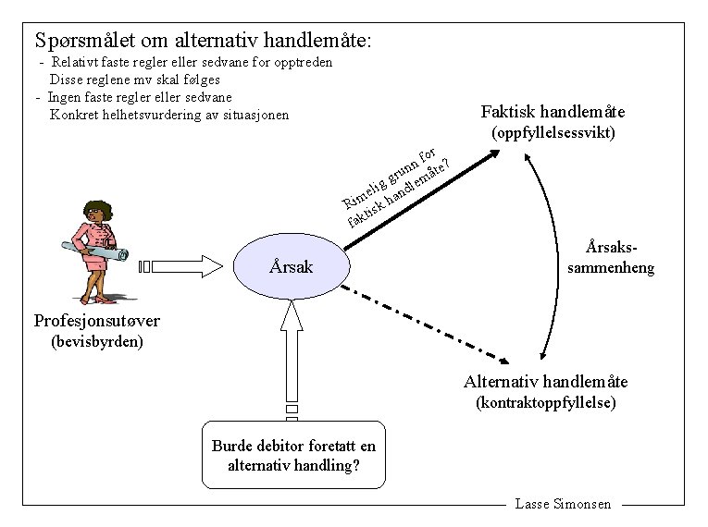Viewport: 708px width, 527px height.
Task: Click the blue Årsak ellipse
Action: pos(292,266)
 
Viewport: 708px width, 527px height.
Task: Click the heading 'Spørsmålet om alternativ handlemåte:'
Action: pos(203,41)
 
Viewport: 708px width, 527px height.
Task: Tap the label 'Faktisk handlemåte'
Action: pos(553,112)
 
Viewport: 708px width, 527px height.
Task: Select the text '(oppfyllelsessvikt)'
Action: pos(553,133)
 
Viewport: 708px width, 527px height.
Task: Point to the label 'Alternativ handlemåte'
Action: pos(546,381)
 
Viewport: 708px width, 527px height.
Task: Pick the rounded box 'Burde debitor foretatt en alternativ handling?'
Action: pos(294,455)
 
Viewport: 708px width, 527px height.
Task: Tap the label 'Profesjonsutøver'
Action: pos(96,321)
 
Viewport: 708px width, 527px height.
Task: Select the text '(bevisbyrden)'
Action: pos(96,341)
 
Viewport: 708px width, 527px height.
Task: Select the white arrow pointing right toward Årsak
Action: pos(183,266)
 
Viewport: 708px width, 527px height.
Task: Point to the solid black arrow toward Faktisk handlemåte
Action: pos(421,200)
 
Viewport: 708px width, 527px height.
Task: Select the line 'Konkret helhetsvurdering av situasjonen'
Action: pos(170,115)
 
